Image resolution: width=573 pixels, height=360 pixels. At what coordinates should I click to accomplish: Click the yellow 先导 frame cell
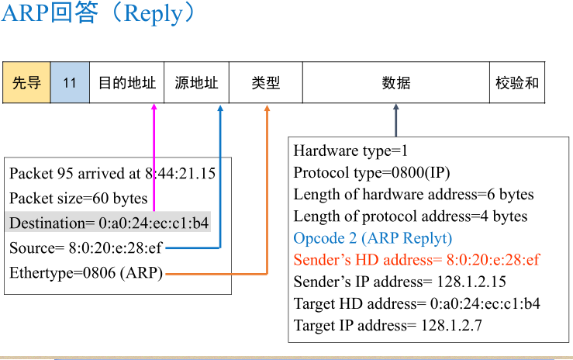pos(26,82)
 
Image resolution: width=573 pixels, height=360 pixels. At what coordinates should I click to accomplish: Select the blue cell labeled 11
pos(70,82)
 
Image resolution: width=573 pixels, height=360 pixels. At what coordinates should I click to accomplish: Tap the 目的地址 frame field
pos(126,82)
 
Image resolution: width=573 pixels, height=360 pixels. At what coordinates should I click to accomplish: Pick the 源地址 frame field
pos(196,82)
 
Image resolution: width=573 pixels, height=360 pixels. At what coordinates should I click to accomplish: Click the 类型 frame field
pos(265,82)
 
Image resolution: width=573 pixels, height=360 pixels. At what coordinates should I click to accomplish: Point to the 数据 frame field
pos(395,82)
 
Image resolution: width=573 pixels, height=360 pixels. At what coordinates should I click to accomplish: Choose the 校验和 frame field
pos(517,82)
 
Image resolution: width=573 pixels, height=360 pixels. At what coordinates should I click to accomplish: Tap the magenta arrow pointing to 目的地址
pos(154,155)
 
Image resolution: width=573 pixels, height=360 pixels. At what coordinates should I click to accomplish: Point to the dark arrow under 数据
pos(395,121)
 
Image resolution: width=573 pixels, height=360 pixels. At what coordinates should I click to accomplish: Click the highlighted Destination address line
pos(109,223)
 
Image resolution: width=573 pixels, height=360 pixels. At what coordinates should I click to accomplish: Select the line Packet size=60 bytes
pos(78,199)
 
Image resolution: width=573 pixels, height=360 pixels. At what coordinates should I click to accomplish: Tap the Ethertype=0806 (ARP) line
pos(86,273)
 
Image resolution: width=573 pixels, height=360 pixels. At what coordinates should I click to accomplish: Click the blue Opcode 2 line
pos(372,237)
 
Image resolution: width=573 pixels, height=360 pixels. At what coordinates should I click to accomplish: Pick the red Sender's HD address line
pos(416,259)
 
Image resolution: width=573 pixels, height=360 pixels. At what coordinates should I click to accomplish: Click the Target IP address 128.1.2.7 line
pos(388,325)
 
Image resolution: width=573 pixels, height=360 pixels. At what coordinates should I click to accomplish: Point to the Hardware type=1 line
pos(350,151)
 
